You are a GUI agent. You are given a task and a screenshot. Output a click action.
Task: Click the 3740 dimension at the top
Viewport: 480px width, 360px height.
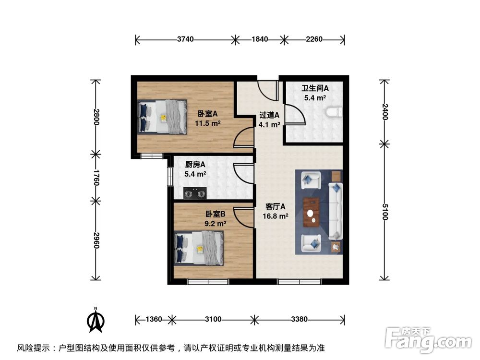point(185,39)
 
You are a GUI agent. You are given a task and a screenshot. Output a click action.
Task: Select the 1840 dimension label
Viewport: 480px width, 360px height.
point(260,39)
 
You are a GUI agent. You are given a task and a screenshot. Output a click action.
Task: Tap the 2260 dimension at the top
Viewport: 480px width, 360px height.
point(314,39)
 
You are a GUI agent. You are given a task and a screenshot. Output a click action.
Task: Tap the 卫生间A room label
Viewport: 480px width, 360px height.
point(315,88)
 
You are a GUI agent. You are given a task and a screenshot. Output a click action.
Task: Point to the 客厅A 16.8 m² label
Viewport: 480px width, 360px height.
point(276,211)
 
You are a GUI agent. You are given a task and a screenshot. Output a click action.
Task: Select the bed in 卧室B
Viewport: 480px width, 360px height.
point(200,248)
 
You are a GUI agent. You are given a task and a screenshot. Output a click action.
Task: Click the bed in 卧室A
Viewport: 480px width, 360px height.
point(162,117)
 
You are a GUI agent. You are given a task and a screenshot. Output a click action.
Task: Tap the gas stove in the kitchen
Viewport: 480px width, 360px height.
point(195,193)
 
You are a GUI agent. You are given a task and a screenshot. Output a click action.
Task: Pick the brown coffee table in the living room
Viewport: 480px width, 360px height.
point(312,211)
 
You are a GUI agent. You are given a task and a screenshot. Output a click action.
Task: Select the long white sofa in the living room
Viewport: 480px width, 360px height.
point(336,211)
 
